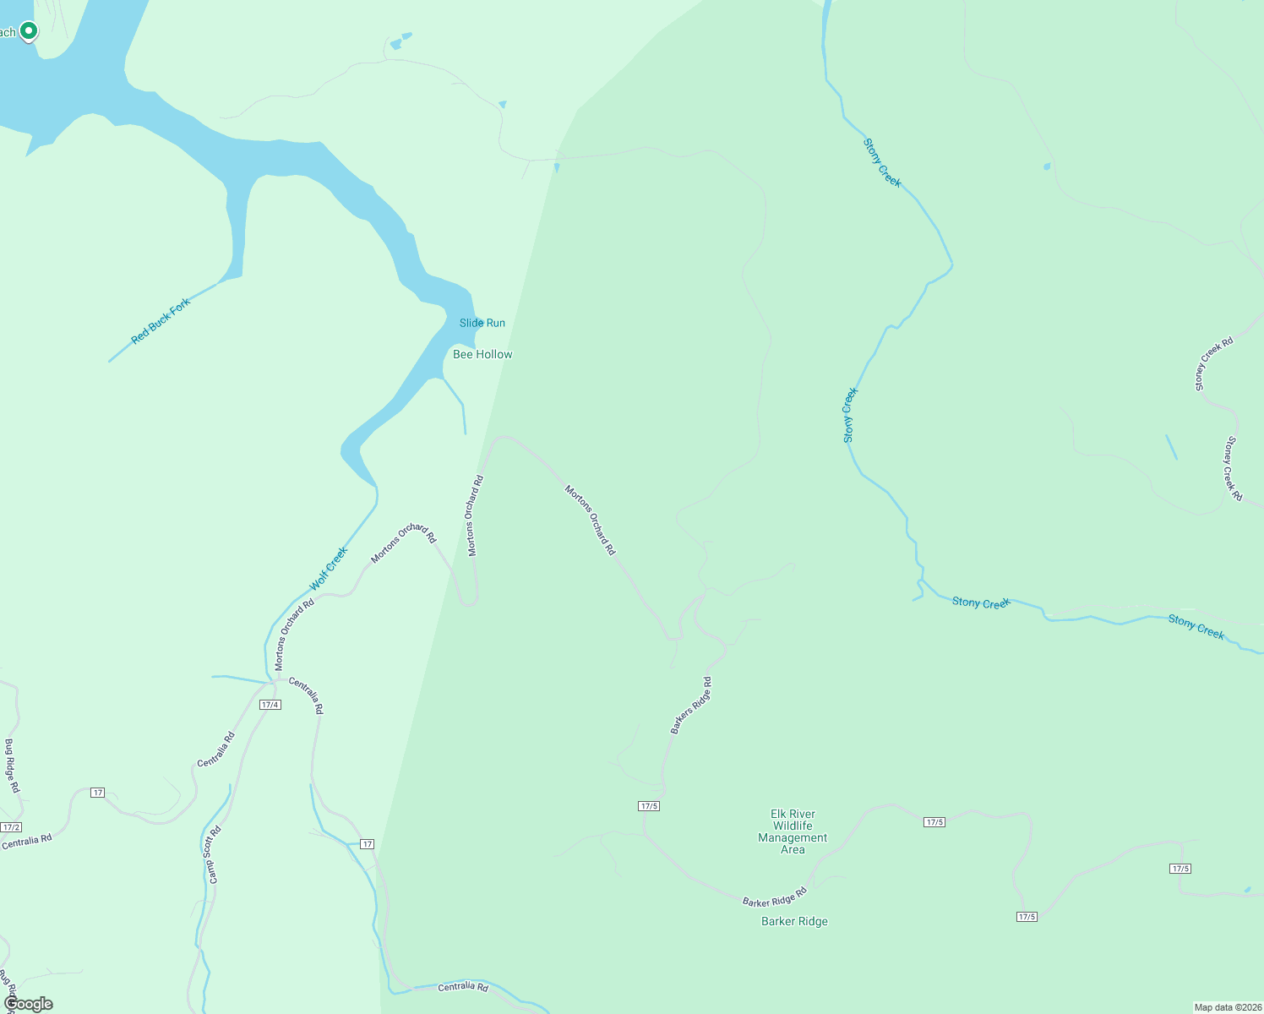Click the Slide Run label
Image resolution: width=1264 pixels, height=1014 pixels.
[482, 323]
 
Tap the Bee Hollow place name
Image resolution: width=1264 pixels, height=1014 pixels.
[482, 354]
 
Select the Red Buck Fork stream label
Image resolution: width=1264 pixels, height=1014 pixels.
[161, 321]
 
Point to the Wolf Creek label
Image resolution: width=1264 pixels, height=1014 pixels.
[329, 569]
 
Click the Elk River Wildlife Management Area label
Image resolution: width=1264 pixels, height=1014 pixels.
[793, 832]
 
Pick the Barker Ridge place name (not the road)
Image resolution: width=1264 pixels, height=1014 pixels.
[794, 921]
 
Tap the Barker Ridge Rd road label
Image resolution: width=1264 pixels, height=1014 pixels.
[775, 897]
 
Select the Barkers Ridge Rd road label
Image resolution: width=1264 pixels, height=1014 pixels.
[691, 706]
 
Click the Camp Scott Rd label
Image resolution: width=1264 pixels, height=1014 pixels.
[215, 854]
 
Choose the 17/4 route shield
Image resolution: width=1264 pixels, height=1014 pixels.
[270, 705]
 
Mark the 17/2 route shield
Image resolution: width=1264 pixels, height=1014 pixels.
[11, 827]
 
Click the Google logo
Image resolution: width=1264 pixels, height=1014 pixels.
[29, 1004]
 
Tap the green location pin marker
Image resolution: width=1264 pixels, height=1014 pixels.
[29, 31]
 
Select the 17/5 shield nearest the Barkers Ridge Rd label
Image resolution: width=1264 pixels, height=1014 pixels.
[649, 806]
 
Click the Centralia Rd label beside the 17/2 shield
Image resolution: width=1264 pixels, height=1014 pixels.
[27, 842]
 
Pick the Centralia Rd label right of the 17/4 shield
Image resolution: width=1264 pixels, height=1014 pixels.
[306, 695]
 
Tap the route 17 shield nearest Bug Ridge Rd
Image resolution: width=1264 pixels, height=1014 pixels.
[98, 793]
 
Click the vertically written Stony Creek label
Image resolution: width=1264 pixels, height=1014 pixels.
[850, 415]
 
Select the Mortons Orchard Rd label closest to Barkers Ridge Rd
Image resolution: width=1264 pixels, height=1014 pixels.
[591, 520]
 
